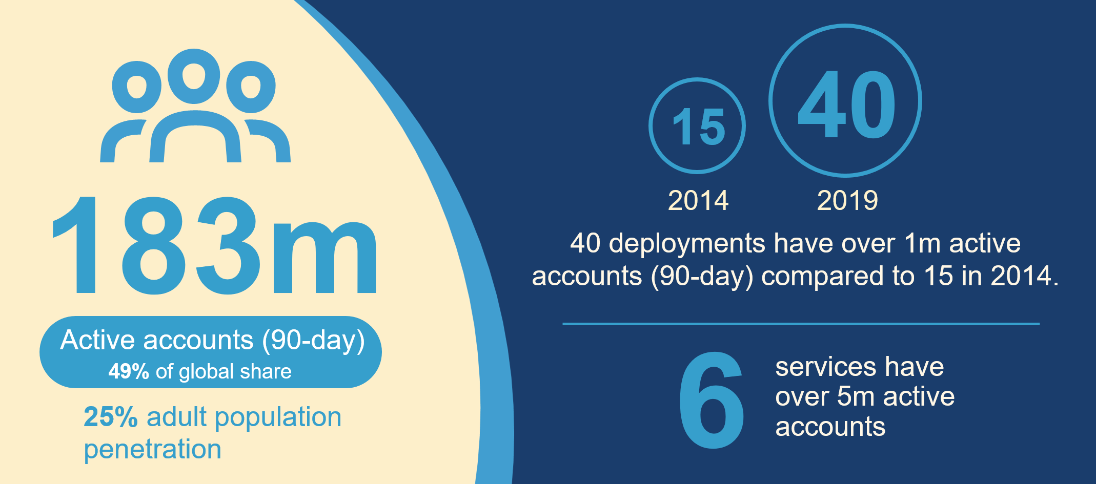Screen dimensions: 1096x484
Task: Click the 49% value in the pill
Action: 129,371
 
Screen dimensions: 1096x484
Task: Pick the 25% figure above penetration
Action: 111,417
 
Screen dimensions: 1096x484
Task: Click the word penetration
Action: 153,450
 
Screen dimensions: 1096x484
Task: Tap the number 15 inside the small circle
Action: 698,127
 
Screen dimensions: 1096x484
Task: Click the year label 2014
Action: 698,200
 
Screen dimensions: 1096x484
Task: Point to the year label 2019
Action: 847,200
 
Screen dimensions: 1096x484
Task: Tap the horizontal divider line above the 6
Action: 801,324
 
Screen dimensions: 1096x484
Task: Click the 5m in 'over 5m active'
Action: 855,396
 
